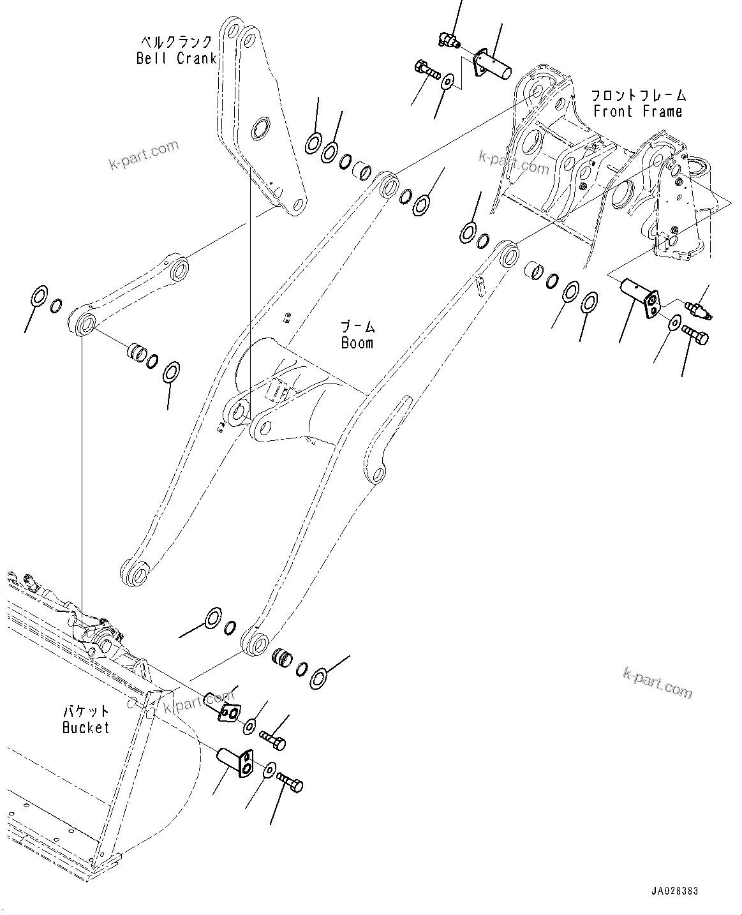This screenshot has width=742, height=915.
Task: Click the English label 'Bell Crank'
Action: pos(176,59)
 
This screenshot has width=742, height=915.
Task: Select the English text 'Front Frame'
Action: pos(637,111)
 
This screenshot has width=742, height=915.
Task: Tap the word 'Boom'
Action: pos(357,343)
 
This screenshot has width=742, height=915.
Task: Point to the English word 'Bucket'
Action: pos(85,727)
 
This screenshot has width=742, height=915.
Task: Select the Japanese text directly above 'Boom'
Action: pos(358,327)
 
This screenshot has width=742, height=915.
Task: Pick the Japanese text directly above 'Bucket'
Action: pos(85,711)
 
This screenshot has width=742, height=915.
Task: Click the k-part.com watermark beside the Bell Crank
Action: pos(143,156)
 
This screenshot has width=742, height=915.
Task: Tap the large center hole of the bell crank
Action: pos(262,128)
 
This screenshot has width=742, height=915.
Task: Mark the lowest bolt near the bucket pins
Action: pos(292,784)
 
